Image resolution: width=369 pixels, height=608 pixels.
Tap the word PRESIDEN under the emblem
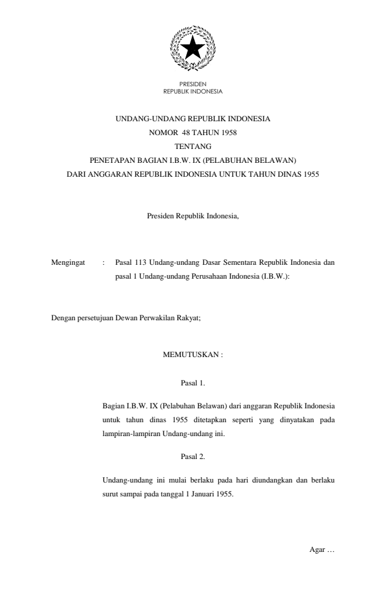point(193,86)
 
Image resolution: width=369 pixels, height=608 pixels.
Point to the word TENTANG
point(193,147)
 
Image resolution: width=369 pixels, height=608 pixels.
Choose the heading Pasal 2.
point(193,456)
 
